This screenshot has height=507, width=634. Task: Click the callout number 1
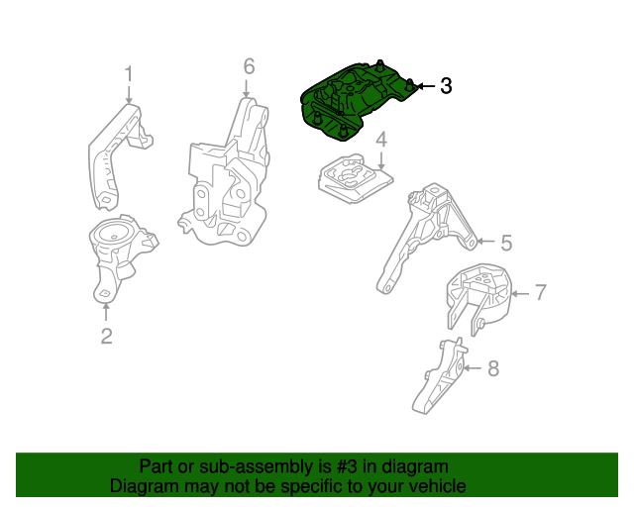click(128, 74)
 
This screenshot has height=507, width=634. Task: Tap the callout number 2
click(106, 337)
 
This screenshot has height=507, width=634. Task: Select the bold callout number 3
click(446, 86)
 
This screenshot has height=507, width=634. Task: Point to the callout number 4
click(380, 144)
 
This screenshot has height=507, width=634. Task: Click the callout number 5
click(505, 242)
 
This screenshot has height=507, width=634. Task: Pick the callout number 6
click(249, 66)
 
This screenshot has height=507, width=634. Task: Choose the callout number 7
click(541, 292)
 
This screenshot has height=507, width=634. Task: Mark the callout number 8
click(493, 369)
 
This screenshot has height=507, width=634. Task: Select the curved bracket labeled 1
click(114, 153)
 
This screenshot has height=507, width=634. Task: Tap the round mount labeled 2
click(117, 253)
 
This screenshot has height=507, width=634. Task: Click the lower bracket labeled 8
click(438, 378)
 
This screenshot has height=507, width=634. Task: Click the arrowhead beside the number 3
click(420, 87)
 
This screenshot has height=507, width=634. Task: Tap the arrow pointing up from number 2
click(106, 311)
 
